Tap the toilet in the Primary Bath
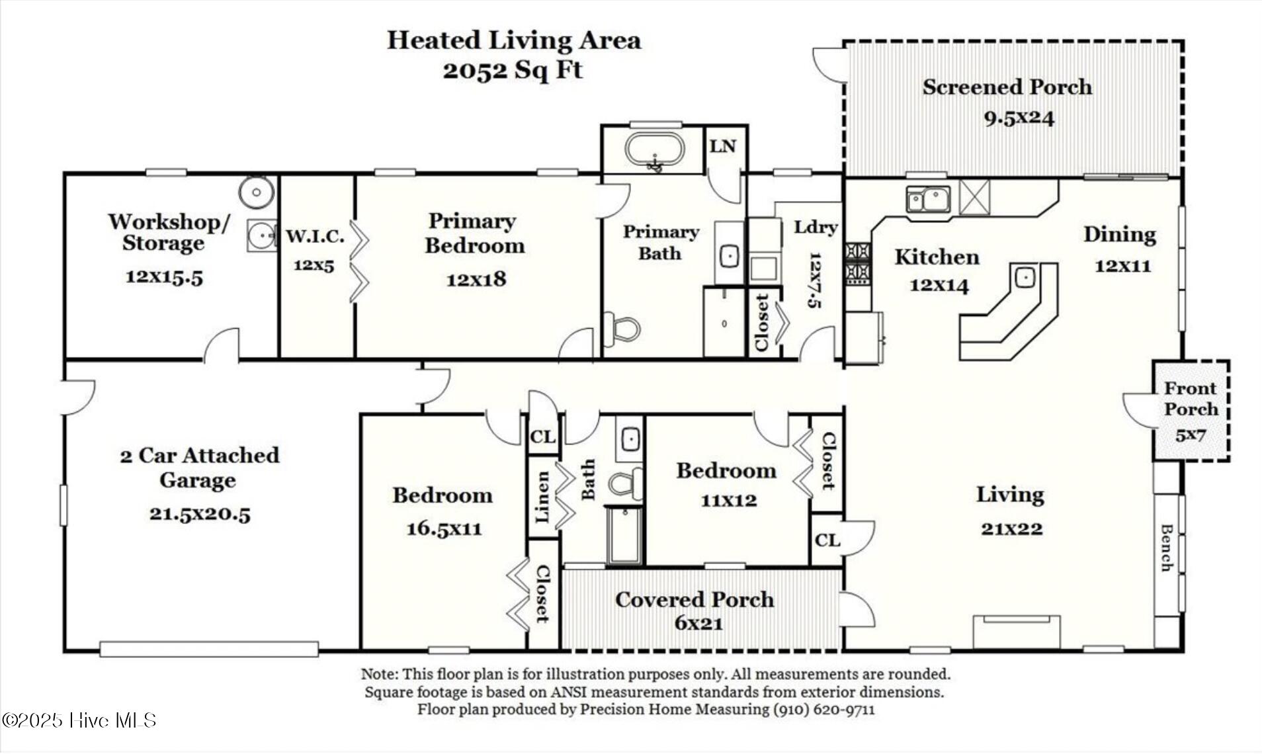tap(625, 329)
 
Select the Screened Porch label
tap(1007, 87)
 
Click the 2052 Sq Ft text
tap(513, 70)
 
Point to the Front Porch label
tap(1191, 398)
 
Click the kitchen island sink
tap(1025, 276)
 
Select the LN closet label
tap(722, 146)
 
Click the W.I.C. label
tap(315, 235)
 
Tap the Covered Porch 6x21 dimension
tap(698, 623)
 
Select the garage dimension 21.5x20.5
tap(200, 513)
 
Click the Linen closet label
tap(542, 497)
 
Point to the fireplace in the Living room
tap(1017, 632)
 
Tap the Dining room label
tap(1120, 235)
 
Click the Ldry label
tap(816, 227)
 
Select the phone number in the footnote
tap(823, 710)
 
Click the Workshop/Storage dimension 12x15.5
tap(164, 276)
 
